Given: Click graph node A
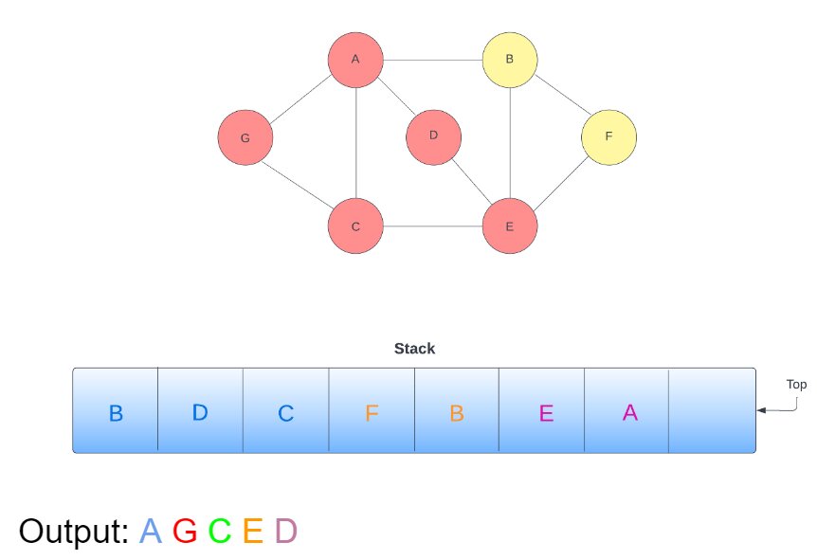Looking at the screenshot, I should pyautogui.click(x=355, y=60).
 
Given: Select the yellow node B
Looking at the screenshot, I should pyautogui.click(x=510, y=60).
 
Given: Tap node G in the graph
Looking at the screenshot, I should pyautogui.click(x=245, y=137).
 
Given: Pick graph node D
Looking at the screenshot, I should pyautogui.click(x=433, y=135).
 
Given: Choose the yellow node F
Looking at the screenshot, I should pyautogui.click(x=608, y=136).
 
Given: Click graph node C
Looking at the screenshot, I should pyautogui.click(x=355, y=226).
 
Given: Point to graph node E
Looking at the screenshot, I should pyautogui.click(x=510, y=226).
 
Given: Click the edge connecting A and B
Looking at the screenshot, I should pyautogui.click(x=432, y=60).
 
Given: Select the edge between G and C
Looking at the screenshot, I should pyautogui.click(x=300, y=182).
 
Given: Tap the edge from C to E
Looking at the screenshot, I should pyautogui.click(x=432, y=226).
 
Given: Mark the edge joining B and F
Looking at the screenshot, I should pyautogui.click(x=559, y=98).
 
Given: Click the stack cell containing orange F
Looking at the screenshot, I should pyautogui.click(x=372, y=412).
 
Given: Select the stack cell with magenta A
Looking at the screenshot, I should pyautogui.click(x=629, y=412).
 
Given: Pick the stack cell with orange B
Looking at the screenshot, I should pyautogui.click(x=457, y=412).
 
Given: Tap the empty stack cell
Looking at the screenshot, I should pyautogui.click(x=712, y=412).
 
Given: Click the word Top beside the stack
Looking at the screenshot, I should pyautogui.click(x=796, y=385).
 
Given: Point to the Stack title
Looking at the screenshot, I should pyautogui.click(x=414, y=349).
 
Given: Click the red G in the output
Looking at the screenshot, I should pyautogui.click(x=185, y=532).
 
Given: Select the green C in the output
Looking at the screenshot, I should pyautogui.click(x=219, y=532).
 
